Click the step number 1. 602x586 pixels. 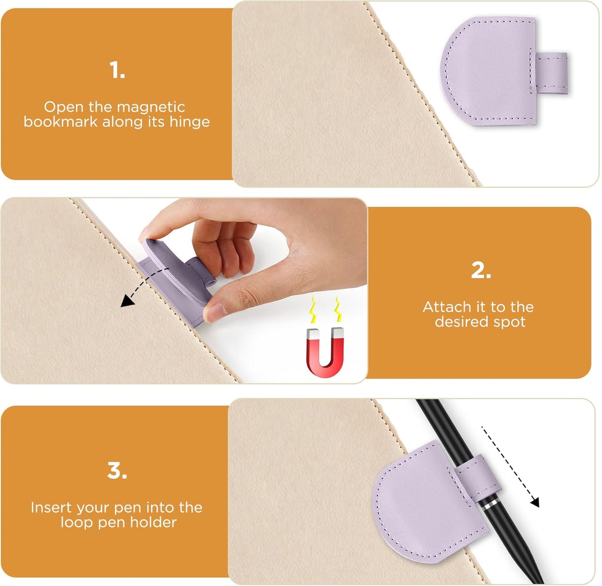pos(117,70)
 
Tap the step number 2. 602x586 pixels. pos(481,271)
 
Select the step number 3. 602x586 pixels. pos(117,471)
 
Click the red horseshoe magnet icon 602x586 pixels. pos(325,352)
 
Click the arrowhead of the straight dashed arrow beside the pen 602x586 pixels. pos(535,502)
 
